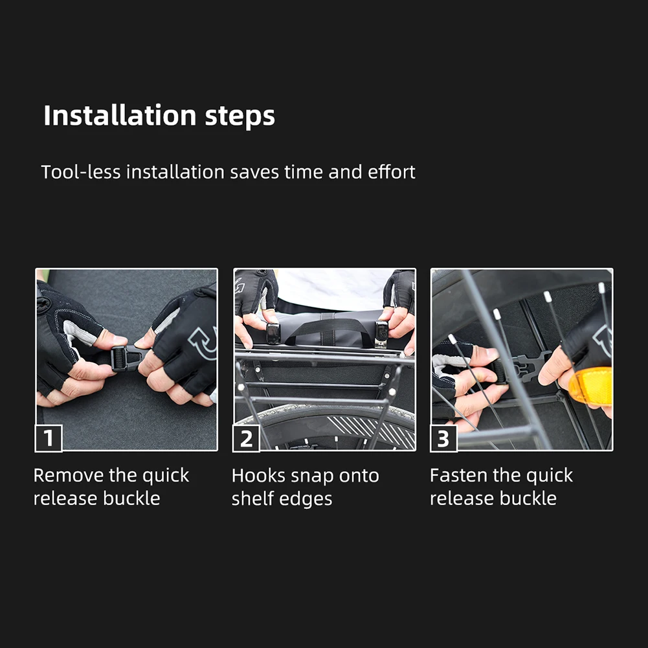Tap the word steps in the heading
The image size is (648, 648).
240,117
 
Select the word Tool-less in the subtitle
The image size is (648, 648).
81,172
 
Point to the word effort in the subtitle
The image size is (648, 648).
392,172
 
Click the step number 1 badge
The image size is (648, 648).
49,438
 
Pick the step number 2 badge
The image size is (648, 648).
246,438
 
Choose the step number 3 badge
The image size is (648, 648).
443,438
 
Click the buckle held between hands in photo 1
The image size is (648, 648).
126,358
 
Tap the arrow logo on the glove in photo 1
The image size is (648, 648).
203,342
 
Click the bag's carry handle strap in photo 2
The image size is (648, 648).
326,329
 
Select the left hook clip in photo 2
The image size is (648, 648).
273,333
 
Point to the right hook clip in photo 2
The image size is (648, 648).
381,333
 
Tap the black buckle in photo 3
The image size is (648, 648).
523,367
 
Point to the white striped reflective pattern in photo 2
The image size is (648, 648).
372,432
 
